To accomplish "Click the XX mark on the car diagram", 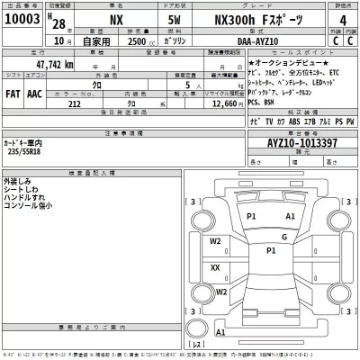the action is (x=215, y=267).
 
